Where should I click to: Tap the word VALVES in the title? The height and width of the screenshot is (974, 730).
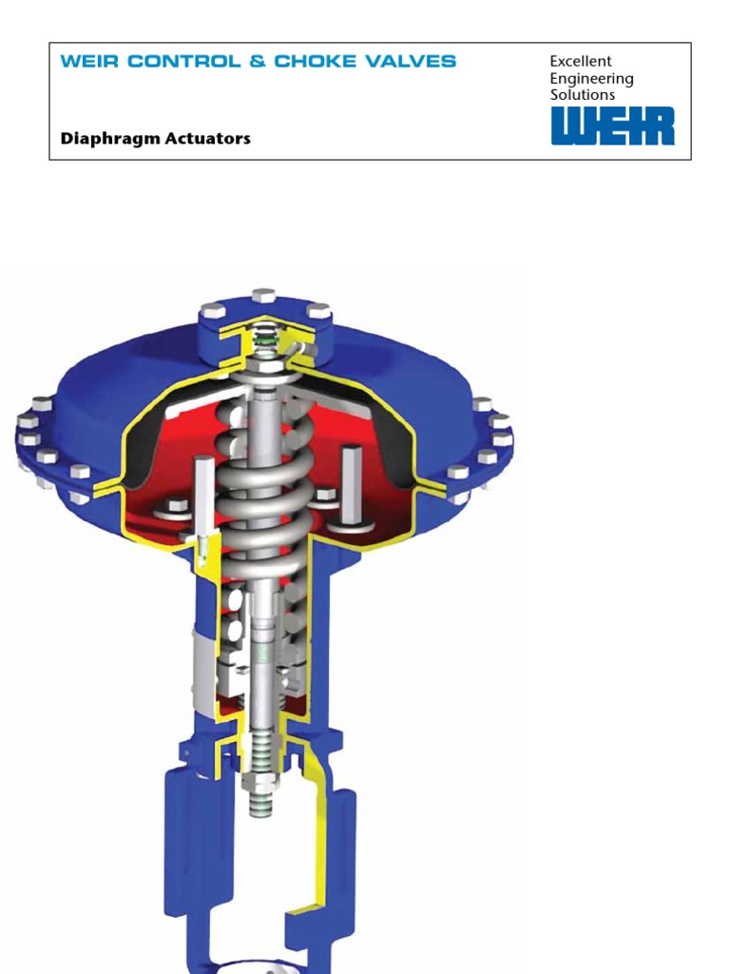408,62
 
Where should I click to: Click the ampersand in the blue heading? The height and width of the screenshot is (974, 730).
256,62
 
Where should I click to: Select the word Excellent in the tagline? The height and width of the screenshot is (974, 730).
581,62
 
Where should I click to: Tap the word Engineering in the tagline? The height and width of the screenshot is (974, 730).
591,79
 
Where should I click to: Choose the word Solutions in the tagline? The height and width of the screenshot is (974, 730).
583,95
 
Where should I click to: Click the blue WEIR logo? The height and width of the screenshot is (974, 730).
613,126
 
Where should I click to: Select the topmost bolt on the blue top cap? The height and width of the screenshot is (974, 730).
264,296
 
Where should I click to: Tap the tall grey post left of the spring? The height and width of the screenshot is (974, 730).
202,495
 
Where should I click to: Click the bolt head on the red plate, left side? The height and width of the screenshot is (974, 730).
177,506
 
